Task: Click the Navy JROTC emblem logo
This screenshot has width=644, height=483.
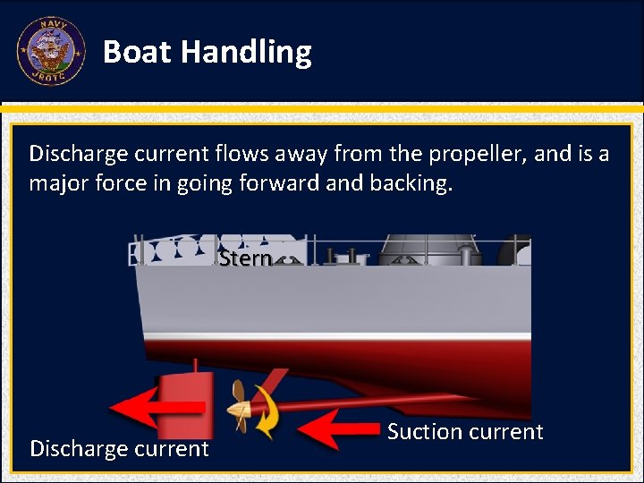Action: coord(51,52)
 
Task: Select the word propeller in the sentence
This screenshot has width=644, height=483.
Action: coord(477,154)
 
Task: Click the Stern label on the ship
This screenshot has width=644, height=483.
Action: coord(245,258)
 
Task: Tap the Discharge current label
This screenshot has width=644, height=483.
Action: coord(119,448)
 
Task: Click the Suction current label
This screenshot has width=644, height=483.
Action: coord(465,432)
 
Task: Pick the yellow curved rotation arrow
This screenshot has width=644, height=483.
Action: coord(265,411)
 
